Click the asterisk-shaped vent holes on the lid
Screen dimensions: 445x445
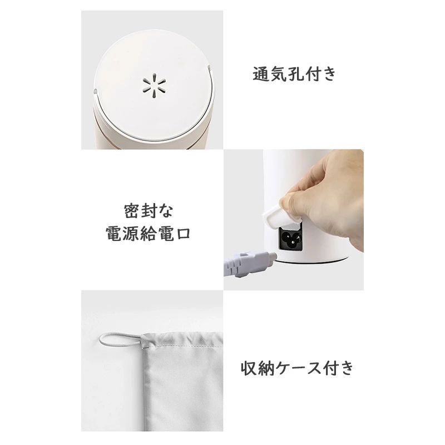tap(154, 86)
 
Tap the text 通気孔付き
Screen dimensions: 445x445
tap(294, 74)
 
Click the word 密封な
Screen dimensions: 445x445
tap(149, 211)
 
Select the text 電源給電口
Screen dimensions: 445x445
tap(148, 234)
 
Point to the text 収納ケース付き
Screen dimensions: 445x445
tap(297, 368)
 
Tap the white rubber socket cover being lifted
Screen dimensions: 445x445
tap(280, 216)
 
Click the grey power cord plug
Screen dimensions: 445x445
tap(250, 263)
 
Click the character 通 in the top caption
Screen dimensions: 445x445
tap(261, 74)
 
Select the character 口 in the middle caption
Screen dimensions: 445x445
tap(182, 234)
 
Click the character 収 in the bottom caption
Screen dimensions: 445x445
tap(249, 368)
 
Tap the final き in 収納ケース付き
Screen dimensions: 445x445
tap(346, 368)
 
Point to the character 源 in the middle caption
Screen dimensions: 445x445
tap(131, 234)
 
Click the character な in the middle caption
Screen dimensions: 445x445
tap(165, 211)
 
